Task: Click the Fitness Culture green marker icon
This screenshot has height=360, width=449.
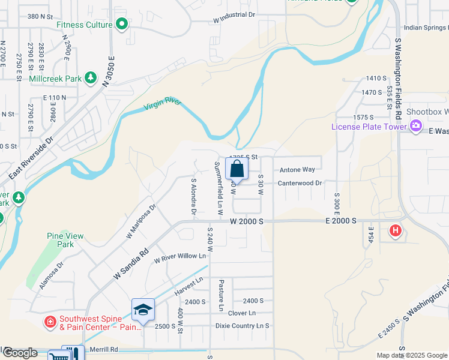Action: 122,25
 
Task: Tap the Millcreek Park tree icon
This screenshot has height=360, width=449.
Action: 91,77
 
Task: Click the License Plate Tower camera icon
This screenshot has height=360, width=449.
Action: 415,126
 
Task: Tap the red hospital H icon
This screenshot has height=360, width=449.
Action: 395,230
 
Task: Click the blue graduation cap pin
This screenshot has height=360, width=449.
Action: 143,310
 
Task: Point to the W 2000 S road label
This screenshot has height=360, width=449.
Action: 247,221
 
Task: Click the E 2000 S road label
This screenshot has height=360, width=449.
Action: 340,221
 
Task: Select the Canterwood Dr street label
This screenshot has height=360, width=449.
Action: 300,182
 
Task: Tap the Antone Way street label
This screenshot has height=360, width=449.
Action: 297,170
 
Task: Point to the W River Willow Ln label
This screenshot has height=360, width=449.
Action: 180,256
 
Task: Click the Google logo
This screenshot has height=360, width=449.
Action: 19,353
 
